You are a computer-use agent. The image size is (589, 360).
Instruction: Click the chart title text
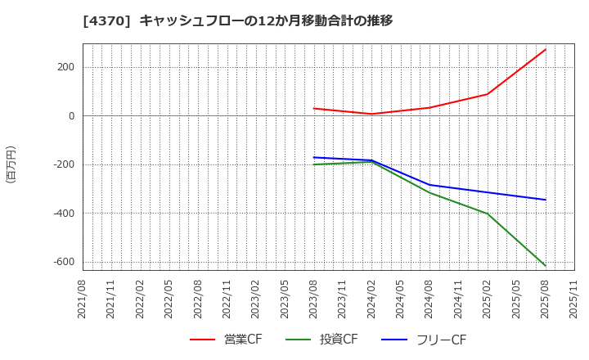(x=238, y=20)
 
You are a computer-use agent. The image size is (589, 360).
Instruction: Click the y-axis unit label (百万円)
(x=11, y=164)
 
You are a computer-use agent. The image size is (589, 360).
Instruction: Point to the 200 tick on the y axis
(x=65, y=67)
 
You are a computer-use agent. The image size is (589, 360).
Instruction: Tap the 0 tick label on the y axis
(x=71, y=116)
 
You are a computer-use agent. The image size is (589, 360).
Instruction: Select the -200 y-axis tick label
(x=63, y=164)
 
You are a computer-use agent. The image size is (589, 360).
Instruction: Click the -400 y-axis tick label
(x=63, y=214)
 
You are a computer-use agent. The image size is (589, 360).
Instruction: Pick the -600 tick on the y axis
(x=63, y=262)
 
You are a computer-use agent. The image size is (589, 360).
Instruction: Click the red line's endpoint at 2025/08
(x=546, y=49)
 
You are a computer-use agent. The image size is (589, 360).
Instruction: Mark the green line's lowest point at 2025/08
(x=546, y=265)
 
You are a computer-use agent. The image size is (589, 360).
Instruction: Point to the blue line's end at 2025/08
(x=546, y=200)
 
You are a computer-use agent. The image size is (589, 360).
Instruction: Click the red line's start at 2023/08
(x=314, y=108)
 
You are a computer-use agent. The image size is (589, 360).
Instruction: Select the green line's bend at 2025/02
(x=488, y=214)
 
